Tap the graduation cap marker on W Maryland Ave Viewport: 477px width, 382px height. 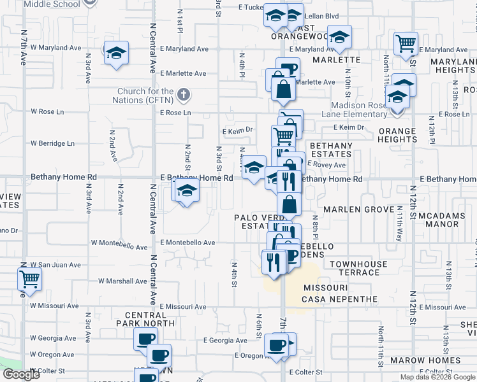[x=117, y=52]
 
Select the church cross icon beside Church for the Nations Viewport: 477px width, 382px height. [x=184, y=95]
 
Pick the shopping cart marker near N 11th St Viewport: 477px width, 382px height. [x=406, y=43]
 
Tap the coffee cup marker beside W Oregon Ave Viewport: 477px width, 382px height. [x=159, y=354]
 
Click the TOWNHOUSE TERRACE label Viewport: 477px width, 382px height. [x=359, y=268]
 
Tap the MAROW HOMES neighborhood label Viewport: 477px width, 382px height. [x=435, y=360]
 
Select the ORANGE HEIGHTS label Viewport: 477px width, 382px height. [x=397, y=135]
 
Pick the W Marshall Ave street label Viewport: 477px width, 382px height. [x=122, y=281]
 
